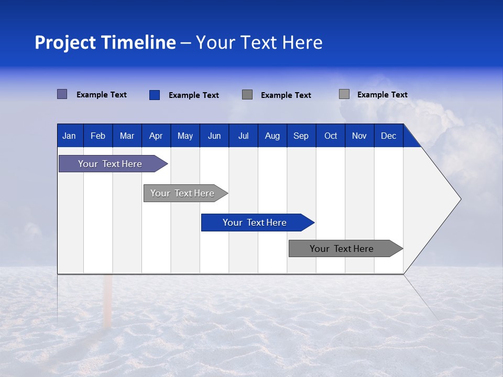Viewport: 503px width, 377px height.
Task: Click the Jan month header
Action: pyautogui.click(x=69, y=136)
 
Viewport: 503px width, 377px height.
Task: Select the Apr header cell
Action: pyautogui.click(x=156, y=136)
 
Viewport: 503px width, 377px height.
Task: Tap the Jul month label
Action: pyautogui.click(x=243, y=136)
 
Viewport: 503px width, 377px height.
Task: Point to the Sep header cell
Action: pyautogui.click(x=301, y=136)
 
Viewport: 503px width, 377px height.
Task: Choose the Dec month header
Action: pyautogui.click(x=388, y=136)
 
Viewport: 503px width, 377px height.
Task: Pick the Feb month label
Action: pyautogui.click(x=98, y=136)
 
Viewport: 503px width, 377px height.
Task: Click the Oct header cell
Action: pyautogui.click(x=331, y=136)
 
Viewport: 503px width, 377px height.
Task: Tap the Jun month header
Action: pyautogui.click(x=214, y=136)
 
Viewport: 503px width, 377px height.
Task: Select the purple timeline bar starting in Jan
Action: pyautogui.click(x=110, y=164)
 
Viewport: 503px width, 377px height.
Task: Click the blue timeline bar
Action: pyautogui.click(x=255, y=223)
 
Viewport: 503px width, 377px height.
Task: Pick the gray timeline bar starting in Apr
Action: pyautogui.click(x=182, y=193)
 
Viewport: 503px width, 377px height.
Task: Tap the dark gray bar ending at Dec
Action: pyautogui.click(x=342, y=249)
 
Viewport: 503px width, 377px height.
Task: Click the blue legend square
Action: pyautogui.click(x=154, y=95)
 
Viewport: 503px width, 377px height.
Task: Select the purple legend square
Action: pyautogui.click(x=62, y=94)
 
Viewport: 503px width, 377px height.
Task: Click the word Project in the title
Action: pyautogui.click(x=65, y=42)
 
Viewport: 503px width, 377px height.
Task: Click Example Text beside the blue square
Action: pyautogui.click(x=194, y=95)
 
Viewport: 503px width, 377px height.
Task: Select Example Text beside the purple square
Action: pyautogui.click(x=102, y=95)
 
